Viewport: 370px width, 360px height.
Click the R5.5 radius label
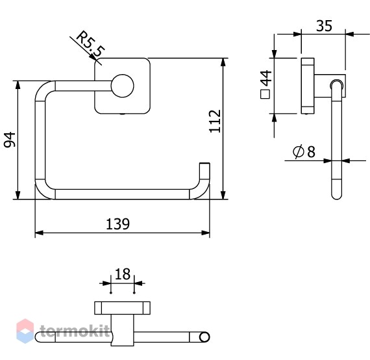[x=90, y=44]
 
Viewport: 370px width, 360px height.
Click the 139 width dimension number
[x=117, y=224]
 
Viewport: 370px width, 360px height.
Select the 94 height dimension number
[x=10, y=140]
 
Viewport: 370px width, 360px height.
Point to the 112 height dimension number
[x=215, y=121]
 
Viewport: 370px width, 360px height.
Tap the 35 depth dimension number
[x=324, y=25]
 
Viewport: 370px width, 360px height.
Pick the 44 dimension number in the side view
[x=267, y=78]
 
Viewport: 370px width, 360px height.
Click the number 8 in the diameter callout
[x=311, y=151]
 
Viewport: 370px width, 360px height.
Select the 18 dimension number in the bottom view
[x=122, y=274]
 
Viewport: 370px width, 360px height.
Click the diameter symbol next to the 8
[x=298, y=151]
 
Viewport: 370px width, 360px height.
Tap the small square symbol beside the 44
[x=265, y=94]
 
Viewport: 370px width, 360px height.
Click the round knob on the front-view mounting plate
[x=123, y=86]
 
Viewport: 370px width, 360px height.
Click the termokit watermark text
[x=75, y=331]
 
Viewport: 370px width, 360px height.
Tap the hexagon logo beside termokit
[x=25, y=331]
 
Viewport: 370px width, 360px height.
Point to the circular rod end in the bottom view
[x=204, y=337]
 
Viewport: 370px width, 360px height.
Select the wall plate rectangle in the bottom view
[x=122, y=308]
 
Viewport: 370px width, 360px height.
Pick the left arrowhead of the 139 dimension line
[x=39, y=233]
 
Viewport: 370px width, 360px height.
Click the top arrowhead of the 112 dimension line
[x=223, y=62]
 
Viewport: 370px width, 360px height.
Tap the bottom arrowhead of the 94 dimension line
[x=18, y=195]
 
